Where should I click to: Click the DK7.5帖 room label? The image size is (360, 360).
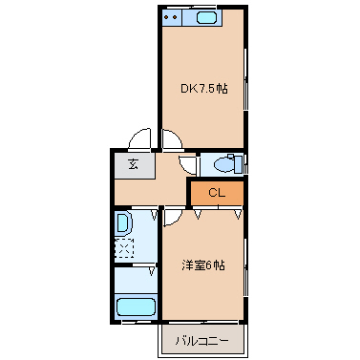(x=203, y=89)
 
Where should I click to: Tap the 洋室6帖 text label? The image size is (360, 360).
(x=203, y=265)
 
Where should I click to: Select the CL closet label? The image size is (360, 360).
(x=216, y=194)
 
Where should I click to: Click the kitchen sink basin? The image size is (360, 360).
(x=206, y=18)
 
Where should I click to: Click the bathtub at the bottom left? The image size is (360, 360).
(x=135, y=308)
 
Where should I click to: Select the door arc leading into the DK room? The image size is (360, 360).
(x=172, y=141)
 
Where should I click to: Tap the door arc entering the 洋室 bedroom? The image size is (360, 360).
(x=174, y=218)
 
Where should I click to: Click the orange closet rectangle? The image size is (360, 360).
(x=216, y=194)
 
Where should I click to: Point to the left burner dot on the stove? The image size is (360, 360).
(x=167, y=18)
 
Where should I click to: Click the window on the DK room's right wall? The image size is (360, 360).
(x=246, y=86)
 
